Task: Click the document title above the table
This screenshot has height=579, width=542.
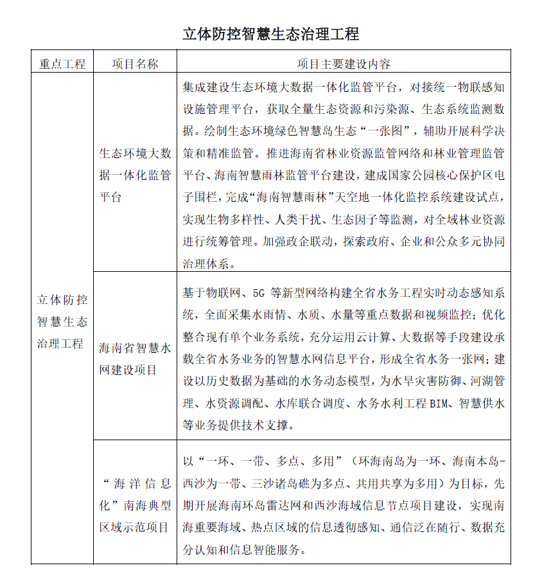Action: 270,33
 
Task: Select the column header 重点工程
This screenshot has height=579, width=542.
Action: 62,64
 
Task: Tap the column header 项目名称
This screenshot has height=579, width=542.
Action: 135,64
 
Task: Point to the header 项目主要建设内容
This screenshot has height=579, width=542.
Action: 344,64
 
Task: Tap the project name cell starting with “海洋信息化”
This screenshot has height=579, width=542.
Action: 135,505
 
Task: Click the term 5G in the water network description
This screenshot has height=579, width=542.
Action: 259,294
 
